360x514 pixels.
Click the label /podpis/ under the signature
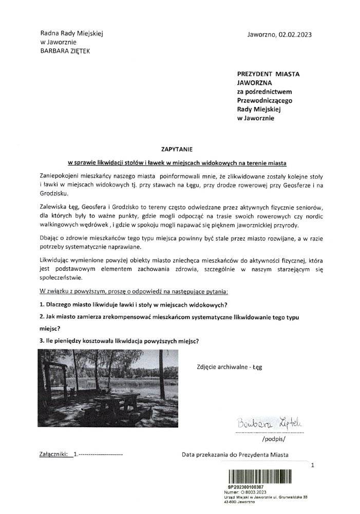click(272, 440)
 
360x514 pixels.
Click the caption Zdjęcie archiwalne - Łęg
click(229, 367)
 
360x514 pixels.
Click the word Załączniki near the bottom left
click(53, 454)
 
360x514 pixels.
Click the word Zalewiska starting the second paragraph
click(54, 206)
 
